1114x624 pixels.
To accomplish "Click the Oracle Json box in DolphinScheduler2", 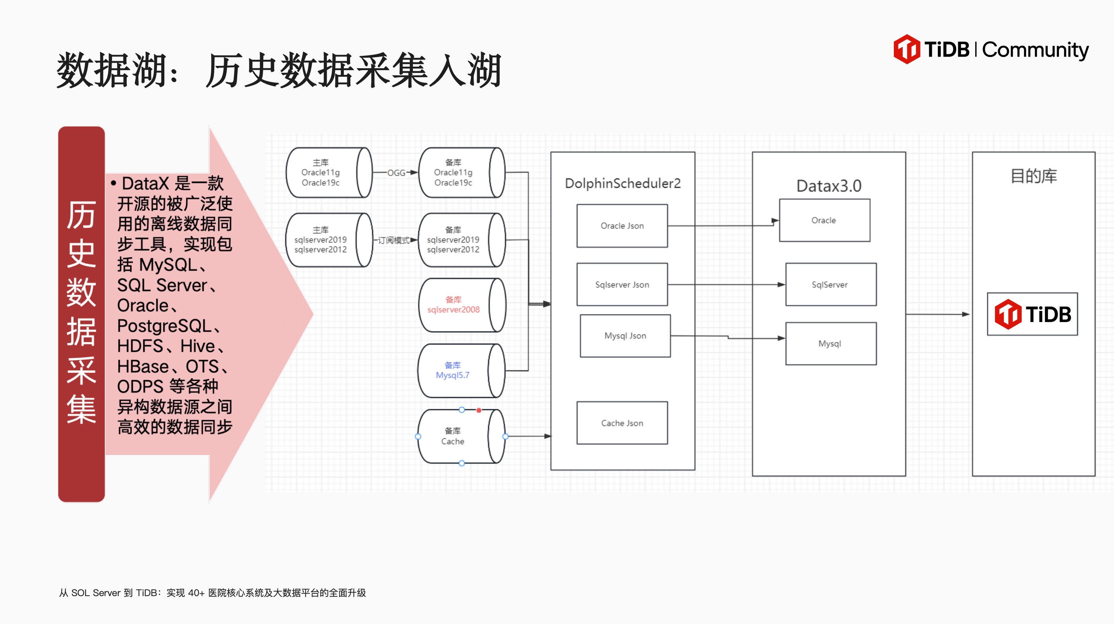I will click(622, 226).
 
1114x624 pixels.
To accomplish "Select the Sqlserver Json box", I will click(622, 284).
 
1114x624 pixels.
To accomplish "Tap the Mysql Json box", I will click(625, 336).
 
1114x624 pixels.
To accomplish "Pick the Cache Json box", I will click(622, 423).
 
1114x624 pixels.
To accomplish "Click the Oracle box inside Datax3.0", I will click(824, 221).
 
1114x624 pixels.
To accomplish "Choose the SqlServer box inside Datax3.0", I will click(830, 284).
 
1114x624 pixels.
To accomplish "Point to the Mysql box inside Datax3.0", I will click(830, 344).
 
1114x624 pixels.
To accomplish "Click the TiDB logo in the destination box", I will click(1032, 314).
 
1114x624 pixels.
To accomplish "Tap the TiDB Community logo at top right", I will click(990, 49).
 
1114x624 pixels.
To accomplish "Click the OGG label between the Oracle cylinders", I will click(396, 173).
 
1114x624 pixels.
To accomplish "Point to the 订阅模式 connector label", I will click(393, 240).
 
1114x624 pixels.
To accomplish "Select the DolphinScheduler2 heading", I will click(623, 184).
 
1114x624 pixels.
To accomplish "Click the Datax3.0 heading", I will click(829, 186).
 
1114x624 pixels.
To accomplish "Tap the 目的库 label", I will click(1033, 176).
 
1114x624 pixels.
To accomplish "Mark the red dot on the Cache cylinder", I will click(479, 410).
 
